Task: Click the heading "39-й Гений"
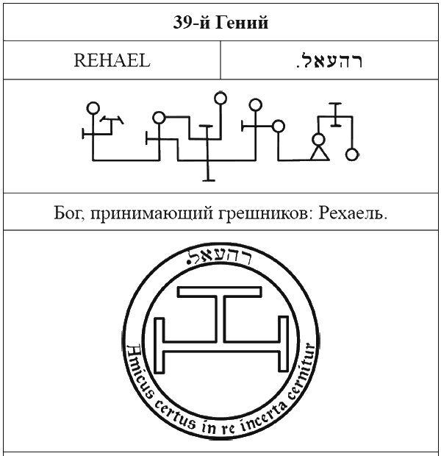220,22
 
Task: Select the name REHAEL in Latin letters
112,60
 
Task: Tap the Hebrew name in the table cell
329,60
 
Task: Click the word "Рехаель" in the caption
353,213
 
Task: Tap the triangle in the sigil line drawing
320,153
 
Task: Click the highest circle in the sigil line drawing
220,99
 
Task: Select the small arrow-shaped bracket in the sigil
111,120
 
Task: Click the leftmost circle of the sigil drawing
93,108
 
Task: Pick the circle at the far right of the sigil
352,154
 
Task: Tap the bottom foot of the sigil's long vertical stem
209,180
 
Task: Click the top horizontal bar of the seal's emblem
220,292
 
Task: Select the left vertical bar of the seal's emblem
159,345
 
